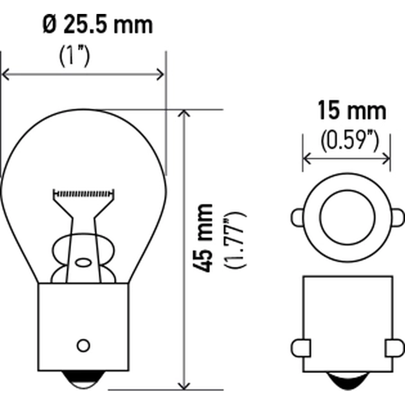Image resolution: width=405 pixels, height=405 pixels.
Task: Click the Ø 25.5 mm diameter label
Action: (98, 25)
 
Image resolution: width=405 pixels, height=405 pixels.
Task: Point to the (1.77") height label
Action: (235, 240)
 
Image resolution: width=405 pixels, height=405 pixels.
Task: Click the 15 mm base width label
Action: (352, 111)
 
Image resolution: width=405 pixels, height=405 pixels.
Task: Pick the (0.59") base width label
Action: (350, 141)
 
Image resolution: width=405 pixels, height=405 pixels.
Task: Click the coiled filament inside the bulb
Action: (83, 193)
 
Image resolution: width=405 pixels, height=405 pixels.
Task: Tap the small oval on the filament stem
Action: (83, 263)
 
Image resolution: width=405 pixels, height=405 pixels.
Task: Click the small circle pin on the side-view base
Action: (83, 345)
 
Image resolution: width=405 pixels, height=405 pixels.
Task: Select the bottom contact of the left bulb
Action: (83, 379)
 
